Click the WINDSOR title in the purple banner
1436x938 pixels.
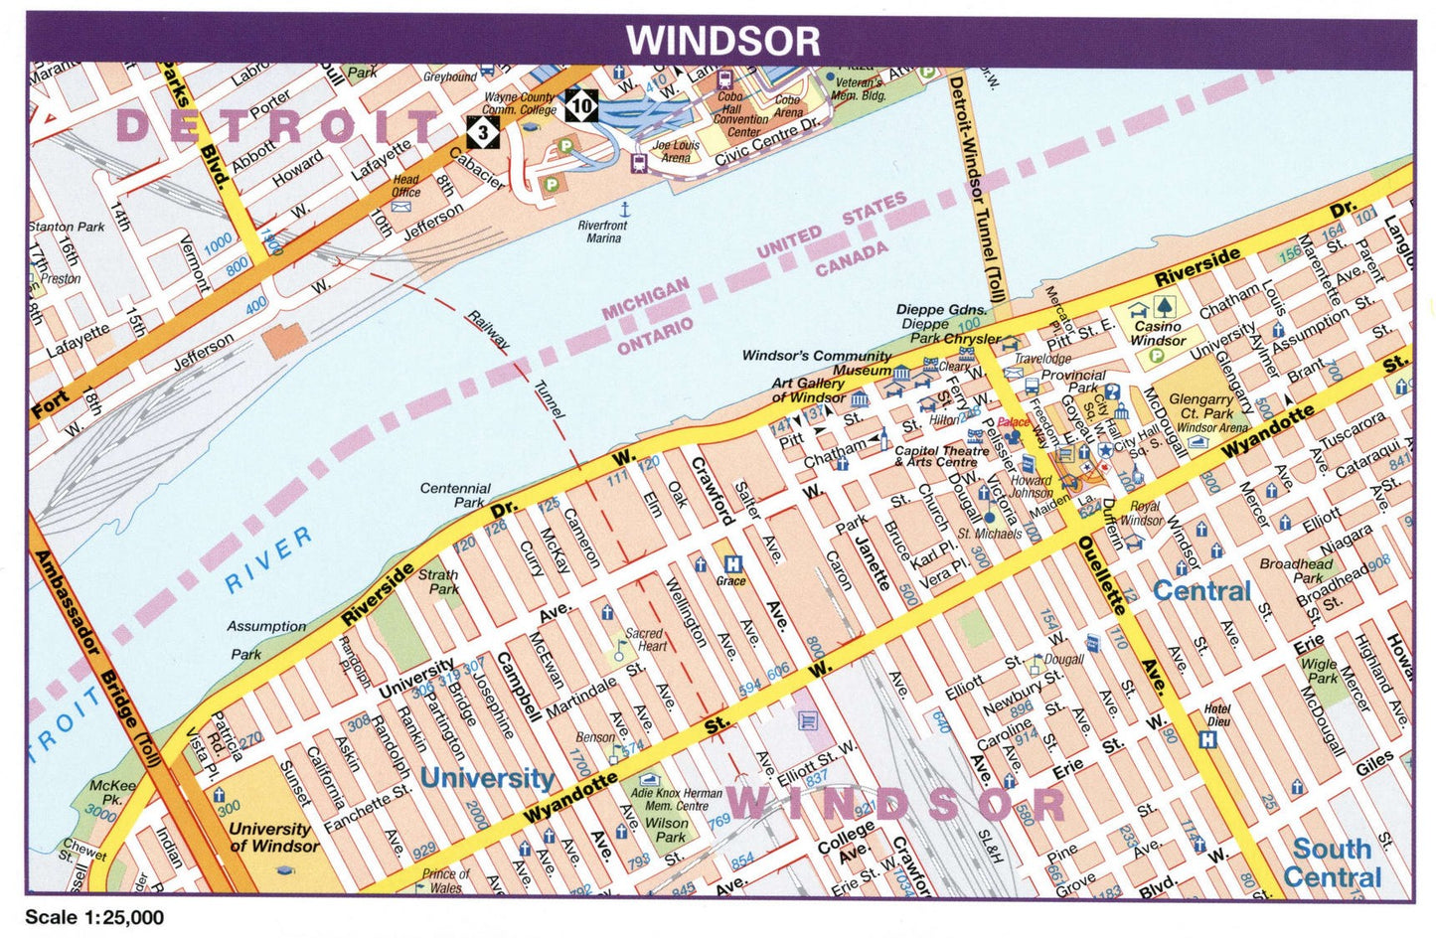722,41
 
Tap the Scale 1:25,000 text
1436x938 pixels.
94,917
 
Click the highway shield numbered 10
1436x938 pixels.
581,104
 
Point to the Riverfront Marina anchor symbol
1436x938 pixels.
625,210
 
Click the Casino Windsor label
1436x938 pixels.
1158,333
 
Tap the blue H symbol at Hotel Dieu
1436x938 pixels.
1208,739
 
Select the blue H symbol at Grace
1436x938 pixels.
732,563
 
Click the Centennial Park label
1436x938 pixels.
455,495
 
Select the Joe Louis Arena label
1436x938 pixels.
676,151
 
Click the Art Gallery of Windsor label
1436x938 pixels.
808,390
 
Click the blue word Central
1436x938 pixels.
1200,591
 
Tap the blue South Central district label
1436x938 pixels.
1332,862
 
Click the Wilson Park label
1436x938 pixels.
666,830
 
